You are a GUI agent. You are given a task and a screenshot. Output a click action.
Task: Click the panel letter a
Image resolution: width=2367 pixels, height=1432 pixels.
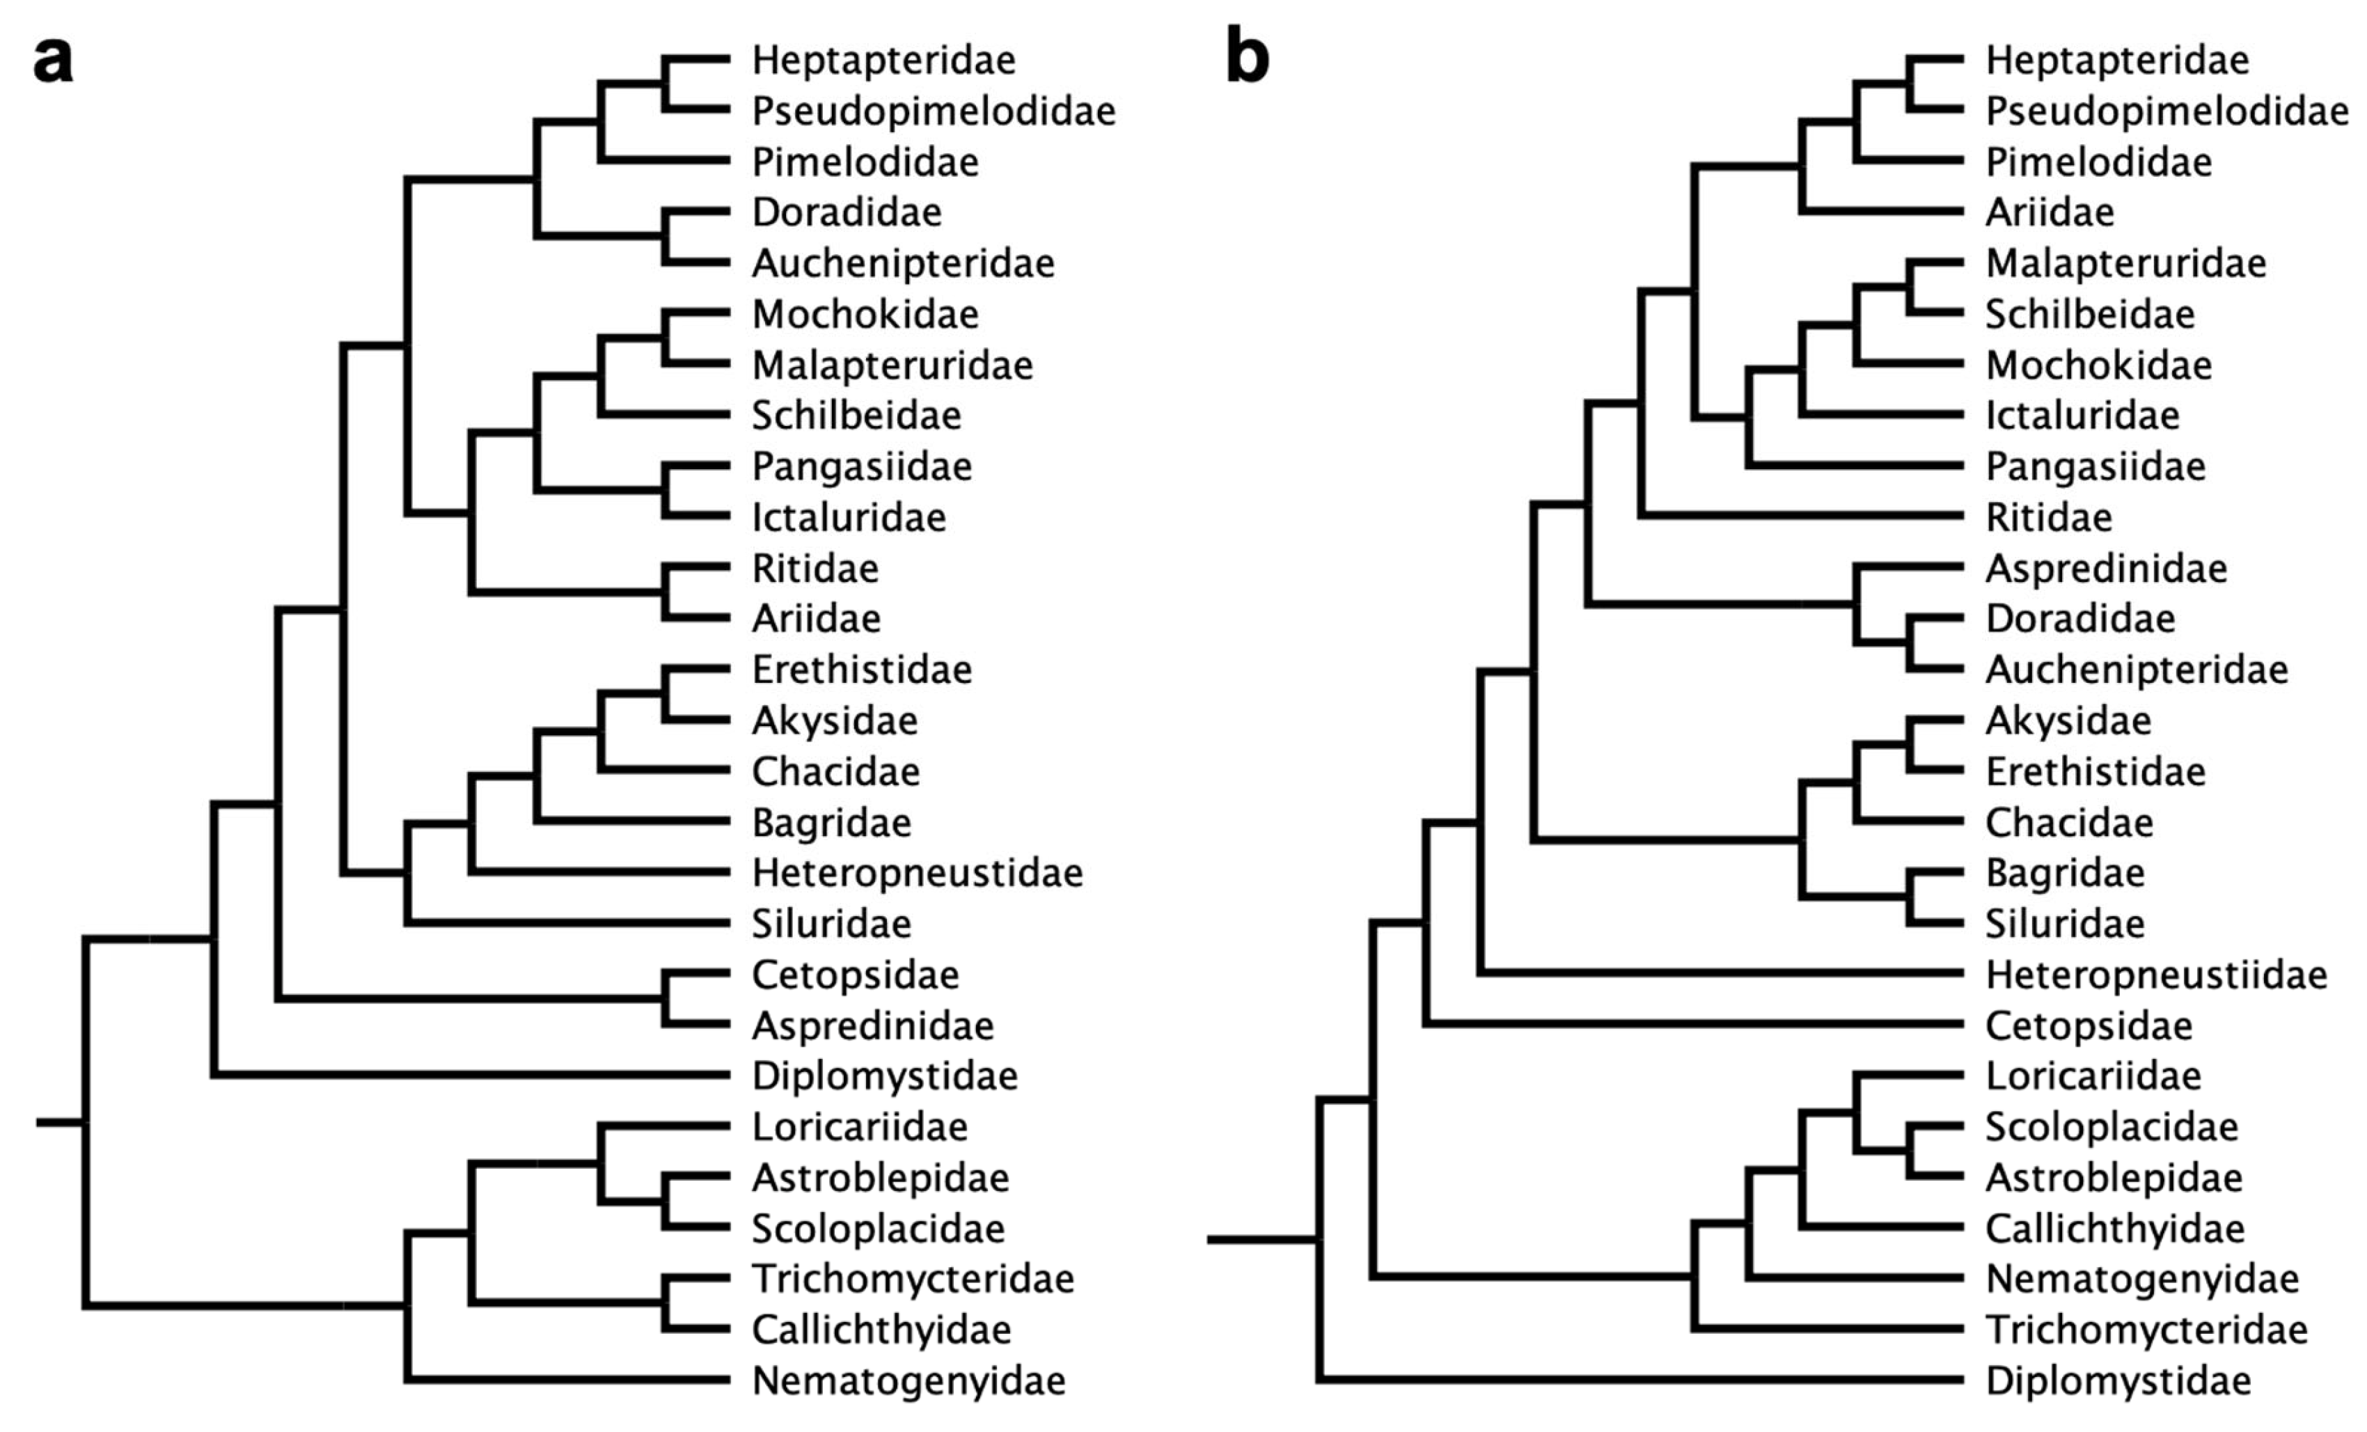click(x=53, y=61)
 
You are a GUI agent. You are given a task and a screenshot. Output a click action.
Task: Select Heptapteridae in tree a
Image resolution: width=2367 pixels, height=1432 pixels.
click(x=883, y=61)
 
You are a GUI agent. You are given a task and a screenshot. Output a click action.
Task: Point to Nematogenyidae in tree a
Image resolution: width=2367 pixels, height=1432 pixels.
click(x=908, y=1381)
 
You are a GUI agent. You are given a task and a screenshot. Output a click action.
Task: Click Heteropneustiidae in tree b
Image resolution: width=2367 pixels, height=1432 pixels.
click(x=2155, y=975)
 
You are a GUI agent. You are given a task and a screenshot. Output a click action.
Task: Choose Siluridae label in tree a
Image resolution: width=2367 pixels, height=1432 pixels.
click(x=831, y=924)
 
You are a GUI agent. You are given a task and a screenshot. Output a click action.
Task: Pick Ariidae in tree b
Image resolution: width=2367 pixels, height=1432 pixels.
click(x=2050, y=212)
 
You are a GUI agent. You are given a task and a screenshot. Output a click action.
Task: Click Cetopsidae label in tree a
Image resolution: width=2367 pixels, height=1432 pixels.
click(x=855, y=975)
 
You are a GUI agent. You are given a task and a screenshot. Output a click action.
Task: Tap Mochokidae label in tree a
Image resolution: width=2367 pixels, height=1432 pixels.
click(x=865, y=314)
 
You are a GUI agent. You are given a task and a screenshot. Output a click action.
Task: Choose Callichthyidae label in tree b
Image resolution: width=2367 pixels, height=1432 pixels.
click(x=2114, y=1229)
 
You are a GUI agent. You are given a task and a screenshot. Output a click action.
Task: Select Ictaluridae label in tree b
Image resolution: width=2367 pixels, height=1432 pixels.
click(x=2082, y=416)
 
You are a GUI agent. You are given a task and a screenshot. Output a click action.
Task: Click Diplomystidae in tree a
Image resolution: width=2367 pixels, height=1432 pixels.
click(x=883, y=1076)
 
